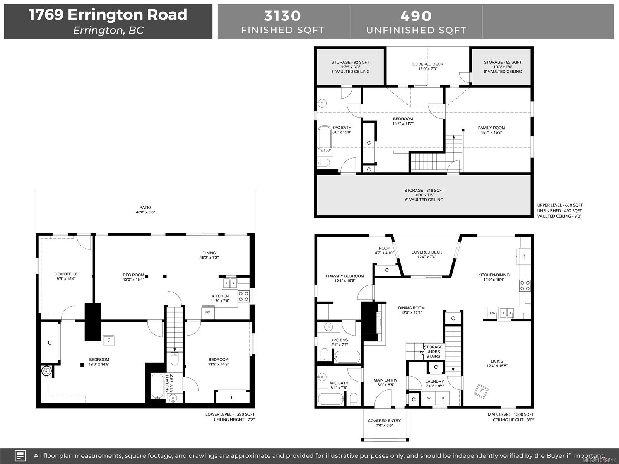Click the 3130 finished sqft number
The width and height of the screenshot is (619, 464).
[282, 16]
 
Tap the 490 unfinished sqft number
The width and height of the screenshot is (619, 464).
[416, 16]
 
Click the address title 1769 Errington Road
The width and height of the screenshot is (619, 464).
[108, 15]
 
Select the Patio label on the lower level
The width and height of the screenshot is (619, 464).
[145, 208]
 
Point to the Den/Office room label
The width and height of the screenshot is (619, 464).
[66, 274]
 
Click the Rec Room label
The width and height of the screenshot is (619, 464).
[133, 275]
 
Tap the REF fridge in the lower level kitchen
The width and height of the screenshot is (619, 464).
[208, 312]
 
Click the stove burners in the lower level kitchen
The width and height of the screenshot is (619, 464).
[243, 296]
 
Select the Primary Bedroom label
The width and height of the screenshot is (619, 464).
[345, 276]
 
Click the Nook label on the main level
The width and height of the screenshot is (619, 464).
[385, 248]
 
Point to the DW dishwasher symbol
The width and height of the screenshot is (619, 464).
[492, 313]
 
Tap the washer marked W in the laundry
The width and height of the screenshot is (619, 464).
[429, 398]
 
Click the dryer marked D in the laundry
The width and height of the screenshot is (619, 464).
[443, 398]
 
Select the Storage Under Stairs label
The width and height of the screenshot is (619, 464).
[433, 351]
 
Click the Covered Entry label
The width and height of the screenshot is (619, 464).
[384, 421]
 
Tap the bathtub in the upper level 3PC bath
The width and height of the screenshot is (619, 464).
[325, 139]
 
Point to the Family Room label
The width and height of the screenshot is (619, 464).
[491, 128]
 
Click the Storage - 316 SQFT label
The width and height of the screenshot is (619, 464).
[424, 191]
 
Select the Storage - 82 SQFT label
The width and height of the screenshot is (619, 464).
[503, 62]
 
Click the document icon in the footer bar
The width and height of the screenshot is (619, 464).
[20, 455]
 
